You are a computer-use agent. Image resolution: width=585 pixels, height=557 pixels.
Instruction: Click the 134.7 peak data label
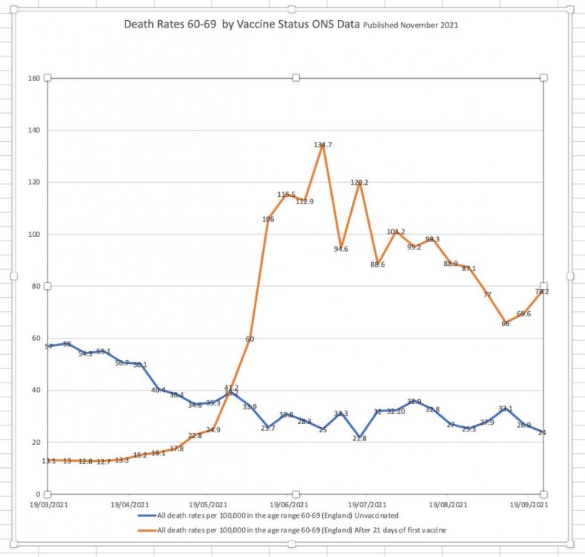coord(322,145)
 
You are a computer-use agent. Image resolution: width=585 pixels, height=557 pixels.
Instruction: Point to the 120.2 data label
coord(360,182)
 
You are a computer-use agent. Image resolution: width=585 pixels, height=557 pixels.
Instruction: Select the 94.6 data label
coord(341,249)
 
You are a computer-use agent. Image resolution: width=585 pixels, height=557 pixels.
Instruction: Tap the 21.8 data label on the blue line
coord(359,438)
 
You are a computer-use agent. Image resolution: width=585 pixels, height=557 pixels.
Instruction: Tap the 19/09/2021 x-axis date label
coord(529,504)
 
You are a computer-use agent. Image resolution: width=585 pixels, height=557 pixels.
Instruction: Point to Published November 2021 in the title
coord(411,25)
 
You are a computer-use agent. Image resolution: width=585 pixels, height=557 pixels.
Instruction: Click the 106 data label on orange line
coord(268,219)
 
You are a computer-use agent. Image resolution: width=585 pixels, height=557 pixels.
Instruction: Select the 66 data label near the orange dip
coord(505,323)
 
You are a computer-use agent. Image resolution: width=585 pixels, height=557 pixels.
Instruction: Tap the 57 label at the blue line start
coord(48,347)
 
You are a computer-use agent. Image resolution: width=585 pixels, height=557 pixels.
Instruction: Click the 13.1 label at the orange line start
coord(48,461)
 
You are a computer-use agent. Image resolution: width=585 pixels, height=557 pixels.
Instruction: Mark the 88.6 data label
coord(378,264)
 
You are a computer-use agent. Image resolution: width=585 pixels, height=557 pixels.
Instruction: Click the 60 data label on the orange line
coord(249,339)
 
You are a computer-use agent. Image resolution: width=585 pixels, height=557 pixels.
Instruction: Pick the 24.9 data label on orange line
coord(213,430)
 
